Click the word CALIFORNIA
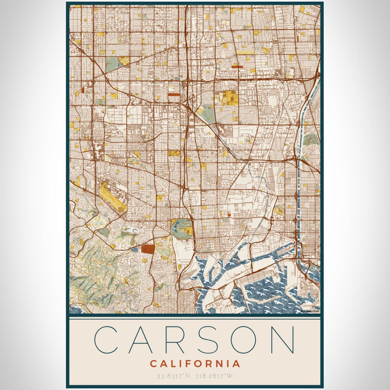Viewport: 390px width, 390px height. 195,364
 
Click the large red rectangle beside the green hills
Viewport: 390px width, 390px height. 148,249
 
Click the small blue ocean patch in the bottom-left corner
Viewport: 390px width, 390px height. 75,310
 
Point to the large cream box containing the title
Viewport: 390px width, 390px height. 194,351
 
